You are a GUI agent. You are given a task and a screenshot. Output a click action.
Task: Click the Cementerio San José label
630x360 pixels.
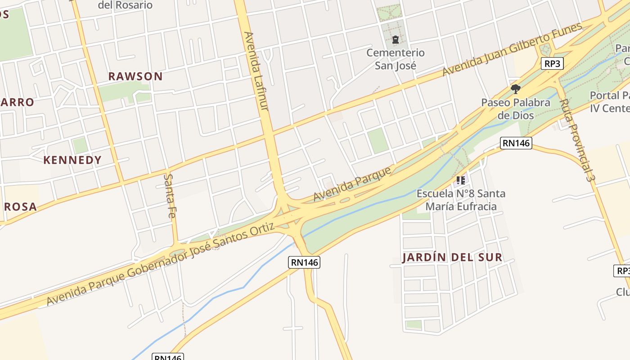tap(395, 59)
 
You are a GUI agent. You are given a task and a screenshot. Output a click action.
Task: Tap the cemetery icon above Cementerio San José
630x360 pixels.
tap(395, 40)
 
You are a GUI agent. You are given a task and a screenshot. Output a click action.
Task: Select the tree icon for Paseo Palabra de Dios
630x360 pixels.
tap(516, 89)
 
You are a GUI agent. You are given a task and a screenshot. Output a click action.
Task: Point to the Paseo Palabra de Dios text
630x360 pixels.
tap(516, 108)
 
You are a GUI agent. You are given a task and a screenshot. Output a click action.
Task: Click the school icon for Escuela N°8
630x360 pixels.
tap(460, 181)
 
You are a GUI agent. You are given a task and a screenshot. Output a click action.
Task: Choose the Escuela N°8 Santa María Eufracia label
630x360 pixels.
tap(461, 200)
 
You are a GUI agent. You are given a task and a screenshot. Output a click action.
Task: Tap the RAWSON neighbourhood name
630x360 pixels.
tap(135, 76)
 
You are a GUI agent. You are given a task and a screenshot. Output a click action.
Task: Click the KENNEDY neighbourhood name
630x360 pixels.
tap(72, 160)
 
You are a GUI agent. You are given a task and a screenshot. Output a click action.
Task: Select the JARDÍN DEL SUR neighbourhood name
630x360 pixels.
tap(452, 257)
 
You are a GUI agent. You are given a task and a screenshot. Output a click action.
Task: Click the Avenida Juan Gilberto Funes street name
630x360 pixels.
tap(512, 49)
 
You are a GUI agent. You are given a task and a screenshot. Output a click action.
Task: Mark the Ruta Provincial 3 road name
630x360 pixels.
tap(576, 139)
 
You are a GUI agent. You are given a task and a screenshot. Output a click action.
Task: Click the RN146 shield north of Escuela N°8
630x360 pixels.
tap(516, 143)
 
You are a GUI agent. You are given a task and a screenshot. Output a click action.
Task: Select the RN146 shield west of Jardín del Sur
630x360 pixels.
tap(304, 262)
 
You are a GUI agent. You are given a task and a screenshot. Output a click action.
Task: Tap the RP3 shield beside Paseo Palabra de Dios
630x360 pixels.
tap(552, 63)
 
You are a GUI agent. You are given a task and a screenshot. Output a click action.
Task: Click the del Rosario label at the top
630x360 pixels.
tap(125, 5)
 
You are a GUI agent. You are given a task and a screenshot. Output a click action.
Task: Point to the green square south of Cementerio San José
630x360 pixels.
tap(378, 140)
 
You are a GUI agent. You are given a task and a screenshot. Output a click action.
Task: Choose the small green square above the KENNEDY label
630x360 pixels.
tap(80, 145)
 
